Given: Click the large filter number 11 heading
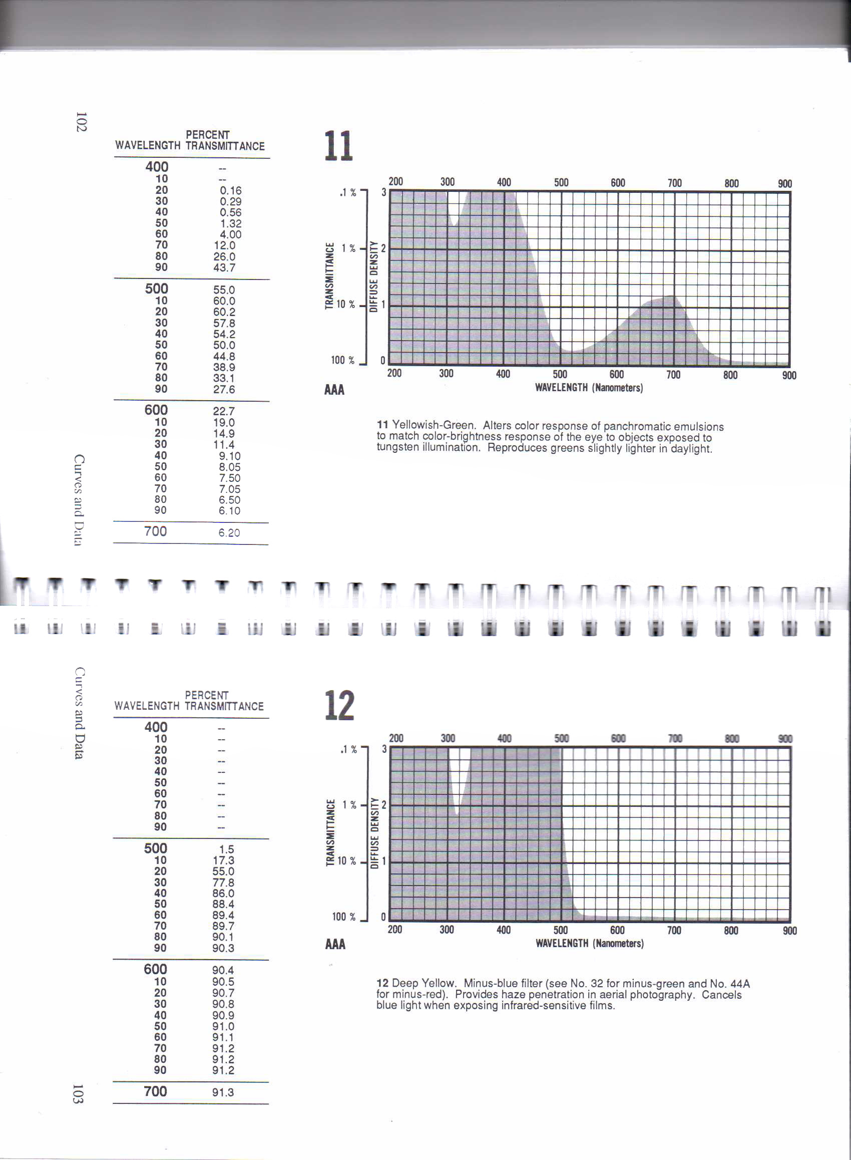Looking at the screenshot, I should pos(338,146).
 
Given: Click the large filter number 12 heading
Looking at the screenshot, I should pos(339,706).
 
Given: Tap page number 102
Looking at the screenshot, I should pos(81,122).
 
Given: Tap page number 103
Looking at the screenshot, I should pos(78,1093).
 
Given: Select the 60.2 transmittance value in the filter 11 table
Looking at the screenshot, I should pos(224,312).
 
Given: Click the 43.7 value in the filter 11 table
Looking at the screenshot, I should pos(224,267).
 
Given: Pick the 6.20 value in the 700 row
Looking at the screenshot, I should pos(229,533).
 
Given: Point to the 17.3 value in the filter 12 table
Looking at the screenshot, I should pos(223,860).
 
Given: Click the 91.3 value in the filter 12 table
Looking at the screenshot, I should pos(223,1092).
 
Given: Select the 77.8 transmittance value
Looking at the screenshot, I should pos(223,882).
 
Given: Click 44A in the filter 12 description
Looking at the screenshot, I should pos(740,984).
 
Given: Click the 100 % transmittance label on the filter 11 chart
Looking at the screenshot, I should pos(342,360).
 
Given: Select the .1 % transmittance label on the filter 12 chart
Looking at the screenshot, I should pos(348,749).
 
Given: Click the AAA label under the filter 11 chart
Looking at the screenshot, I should pos(334,390).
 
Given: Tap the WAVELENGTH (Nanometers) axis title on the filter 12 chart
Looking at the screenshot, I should pos(589,943).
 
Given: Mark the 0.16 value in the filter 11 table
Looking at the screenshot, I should pos(230,191).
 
